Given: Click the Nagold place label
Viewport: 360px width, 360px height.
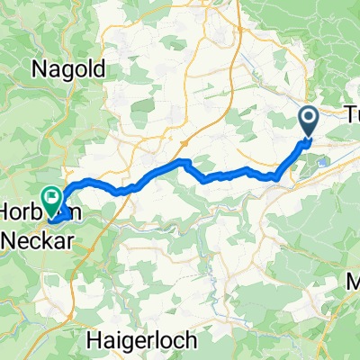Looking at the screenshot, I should point(69,67).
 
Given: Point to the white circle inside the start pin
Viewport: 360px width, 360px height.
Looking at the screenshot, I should point(308,117).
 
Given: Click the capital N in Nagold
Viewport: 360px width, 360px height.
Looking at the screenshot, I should point(41,67).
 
